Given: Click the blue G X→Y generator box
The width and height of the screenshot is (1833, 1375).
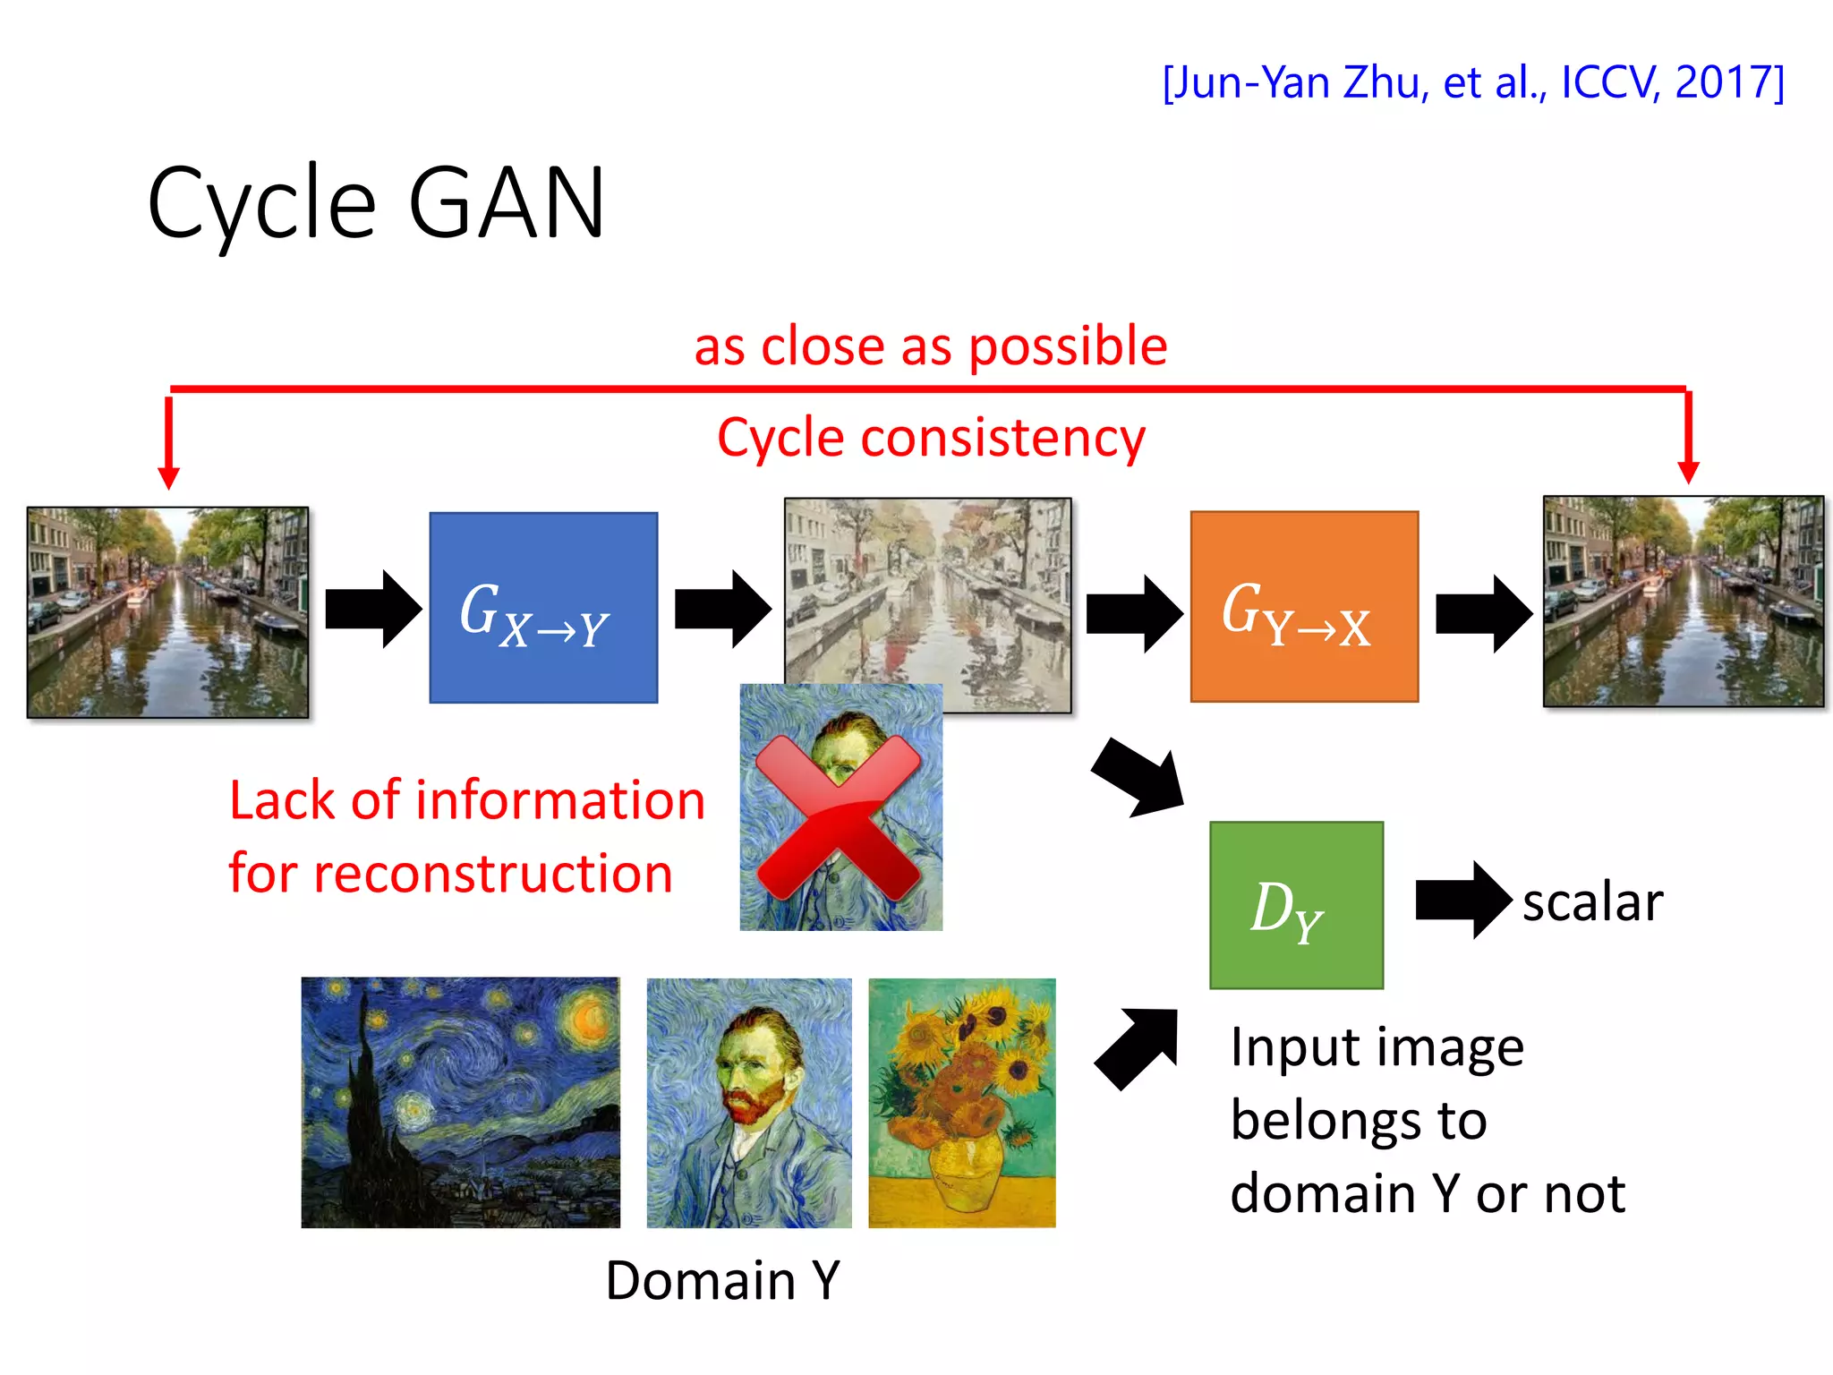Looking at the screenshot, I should pyautogui.click(x=543, y=607).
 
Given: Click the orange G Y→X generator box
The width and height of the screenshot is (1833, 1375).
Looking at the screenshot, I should pyautogui.click(x=1304, y=606).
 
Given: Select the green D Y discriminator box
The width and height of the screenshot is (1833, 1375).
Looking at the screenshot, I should pyautogui.click(x=1296, y=905).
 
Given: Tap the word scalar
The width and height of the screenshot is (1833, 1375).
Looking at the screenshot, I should pyautogui.click(x=1592, y=901).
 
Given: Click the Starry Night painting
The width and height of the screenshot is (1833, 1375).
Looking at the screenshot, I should pyautogui.click(x=460, y=1102).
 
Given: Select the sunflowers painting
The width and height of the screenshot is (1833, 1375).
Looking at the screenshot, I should pyautogui.click(x=962, y=1102).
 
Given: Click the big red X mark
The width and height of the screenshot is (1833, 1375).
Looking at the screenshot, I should pyautogui.click(x=839, y=816).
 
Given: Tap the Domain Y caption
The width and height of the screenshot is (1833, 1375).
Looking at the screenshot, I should pyautogui.click(x=723, y=1280).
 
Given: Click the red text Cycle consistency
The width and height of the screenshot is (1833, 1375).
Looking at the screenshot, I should pyautogui.click(x=931, y=438).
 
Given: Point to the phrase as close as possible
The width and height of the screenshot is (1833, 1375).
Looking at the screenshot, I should pyautogui.click(x=931, y=346).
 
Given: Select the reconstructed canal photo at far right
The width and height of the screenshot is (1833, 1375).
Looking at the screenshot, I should pyautogui.click(x=1683, y=602).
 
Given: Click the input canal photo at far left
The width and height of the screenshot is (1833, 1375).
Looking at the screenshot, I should pyautogui.click(x=167, y=612).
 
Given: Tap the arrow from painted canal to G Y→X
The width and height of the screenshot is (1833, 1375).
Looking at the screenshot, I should pyautogui.click(x=1133, y=613).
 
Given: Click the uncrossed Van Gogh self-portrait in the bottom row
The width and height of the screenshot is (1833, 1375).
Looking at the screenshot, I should pyautogui.click(x=749, y=1102).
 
